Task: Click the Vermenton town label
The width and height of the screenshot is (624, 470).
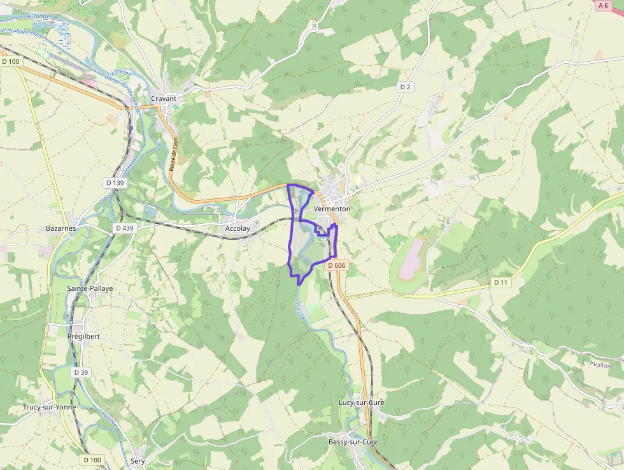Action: coord(332,209)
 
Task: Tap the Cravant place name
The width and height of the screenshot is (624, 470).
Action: coord(164,99)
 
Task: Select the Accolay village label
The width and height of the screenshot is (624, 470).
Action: coord(238,228)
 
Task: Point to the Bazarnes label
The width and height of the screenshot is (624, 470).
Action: coord(61,228)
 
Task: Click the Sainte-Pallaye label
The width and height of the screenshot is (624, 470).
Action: coord(90,288)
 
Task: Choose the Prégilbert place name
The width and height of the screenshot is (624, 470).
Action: coord(83,336)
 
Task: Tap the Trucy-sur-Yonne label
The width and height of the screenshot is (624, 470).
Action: coord(49,407)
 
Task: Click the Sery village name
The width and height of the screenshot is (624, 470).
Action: coord(138,460)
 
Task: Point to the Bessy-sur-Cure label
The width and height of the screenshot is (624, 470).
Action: coord(353,442)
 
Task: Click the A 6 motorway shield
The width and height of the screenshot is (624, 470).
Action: coord(604,5)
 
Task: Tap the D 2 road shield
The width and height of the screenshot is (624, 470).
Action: coord(406,87)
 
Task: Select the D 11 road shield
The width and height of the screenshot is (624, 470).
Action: coord(501,282)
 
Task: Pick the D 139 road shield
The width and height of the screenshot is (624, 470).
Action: coord(115,183)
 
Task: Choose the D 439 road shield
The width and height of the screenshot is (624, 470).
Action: coord(125,228)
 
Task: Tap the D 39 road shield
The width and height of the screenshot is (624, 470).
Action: coord(80,372)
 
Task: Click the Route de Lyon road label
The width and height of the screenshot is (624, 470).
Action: coord(174,153)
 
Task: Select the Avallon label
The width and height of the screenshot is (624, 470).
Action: coord(600,365)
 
